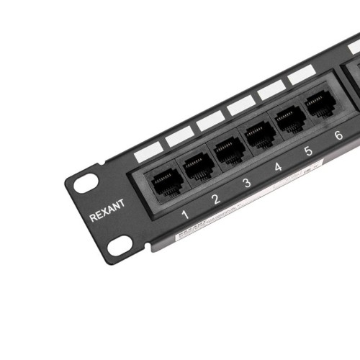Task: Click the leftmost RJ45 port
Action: pyautogui.click(x=161, y=178)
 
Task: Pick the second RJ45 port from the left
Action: pyautogui.click(x=197, y=165)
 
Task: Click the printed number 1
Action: pyautogui.click(x=185, y=214)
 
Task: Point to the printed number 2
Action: pyautogui.click(x=215, y=199)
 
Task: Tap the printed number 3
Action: pyautogui.click(x=247, y=183)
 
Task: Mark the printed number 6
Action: pyautogui.click(x=338, y=135)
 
